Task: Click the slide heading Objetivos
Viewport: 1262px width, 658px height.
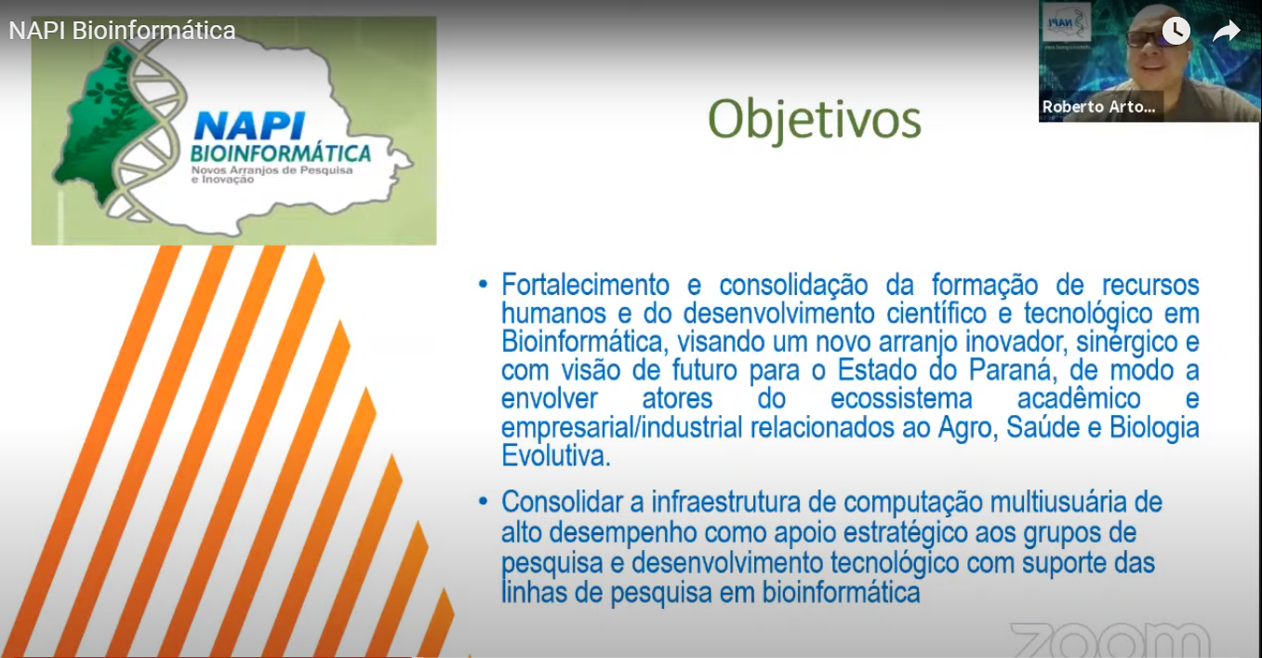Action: coord(814,120)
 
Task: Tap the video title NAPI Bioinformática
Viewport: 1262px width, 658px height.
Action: coord(122,31)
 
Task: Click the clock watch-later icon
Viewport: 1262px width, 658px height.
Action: coord(1176,31)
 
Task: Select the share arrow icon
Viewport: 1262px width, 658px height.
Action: coord(1226,31)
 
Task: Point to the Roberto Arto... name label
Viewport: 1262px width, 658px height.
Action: coord(1098,107)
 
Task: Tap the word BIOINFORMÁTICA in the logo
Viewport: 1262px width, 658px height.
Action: coord(281,154)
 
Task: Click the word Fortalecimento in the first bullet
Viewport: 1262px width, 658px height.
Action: coord(585,285)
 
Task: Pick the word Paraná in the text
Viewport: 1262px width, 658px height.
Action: coord(1010,370)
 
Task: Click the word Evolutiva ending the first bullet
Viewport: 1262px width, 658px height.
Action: coord(555,456)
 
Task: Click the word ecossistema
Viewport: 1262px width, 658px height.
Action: coord(901,398)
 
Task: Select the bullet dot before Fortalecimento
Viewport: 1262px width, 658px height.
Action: coord(483,284)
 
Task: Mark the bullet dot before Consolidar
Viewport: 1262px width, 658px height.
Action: coord(483,501)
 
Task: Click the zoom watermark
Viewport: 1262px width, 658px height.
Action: coord(1109,640)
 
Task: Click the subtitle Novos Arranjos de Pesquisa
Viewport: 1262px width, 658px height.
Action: coord(272,169)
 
